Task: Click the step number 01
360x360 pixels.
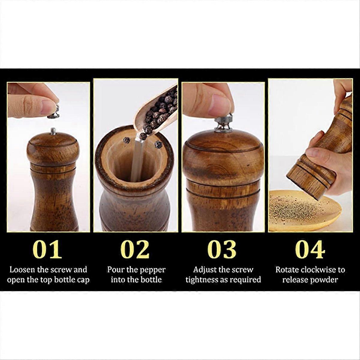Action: (x=47, y=249)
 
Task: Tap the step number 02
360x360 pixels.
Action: (x=135, y=249)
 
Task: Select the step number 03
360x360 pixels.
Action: (x=222, y=249)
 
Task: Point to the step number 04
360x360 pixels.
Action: (x=310, y=249)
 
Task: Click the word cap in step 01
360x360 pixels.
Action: (x=83, y=280)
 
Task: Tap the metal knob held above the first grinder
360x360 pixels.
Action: (x=54, y=112)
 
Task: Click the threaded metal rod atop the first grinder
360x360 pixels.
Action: (x=53, y=131)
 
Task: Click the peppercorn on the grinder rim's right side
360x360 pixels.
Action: (x=158, y=145)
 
